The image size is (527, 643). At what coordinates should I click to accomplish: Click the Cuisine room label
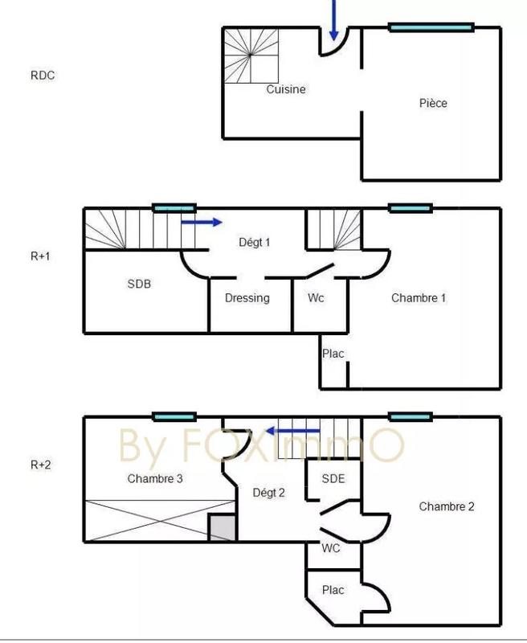(x=286, y=89)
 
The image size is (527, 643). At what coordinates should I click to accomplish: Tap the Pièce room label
(x=433, y=103)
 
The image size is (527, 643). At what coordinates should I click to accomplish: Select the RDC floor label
(x=43, y=76)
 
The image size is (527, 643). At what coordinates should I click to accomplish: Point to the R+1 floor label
(x=41, y=256)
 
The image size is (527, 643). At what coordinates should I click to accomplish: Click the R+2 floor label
(x=41, y=464)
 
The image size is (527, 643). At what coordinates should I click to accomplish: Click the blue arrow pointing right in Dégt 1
(x=202, y=222)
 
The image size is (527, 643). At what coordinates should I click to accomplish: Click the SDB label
(x=139, y=284)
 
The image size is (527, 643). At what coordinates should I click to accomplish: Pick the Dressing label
(x=247, y=297)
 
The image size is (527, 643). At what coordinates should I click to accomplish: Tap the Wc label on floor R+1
(x=316, y=297)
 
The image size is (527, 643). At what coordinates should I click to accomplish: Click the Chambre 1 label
(x=419, y=297)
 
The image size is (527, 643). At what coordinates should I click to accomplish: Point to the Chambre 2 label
(x=446, y=506)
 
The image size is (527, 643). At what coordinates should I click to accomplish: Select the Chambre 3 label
(x=156, y=478)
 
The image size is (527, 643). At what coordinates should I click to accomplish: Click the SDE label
(x=333, y=478)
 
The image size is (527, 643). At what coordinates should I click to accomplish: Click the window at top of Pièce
(x=431, y=27)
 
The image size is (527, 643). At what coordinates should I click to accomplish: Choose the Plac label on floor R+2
(x=333, y=590)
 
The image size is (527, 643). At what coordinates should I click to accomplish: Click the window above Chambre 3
(x=174, y=416)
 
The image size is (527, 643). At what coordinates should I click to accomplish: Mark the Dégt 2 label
(x=268, y=492)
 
